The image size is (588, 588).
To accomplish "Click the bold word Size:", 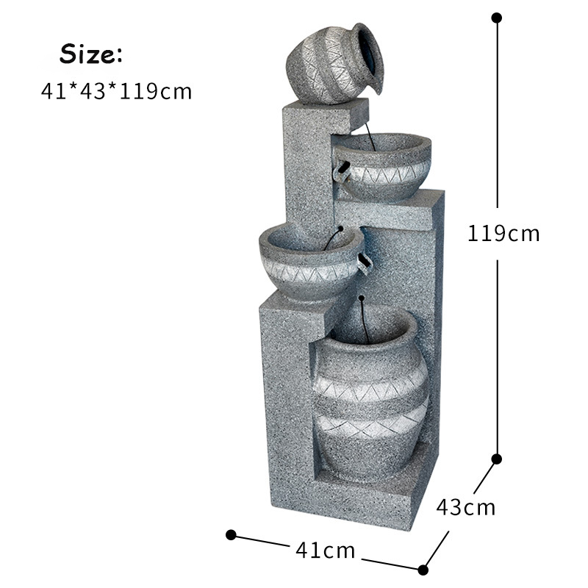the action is [91, 54].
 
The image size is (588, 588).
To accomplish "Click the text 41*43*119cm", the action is [116, 91].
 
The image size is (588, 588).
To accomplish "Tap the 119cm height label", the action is [503, 233].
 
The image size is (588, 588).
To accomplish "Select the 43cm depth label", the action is [466, 507].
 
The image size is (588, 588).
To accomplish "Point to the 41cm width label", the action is [325, 550].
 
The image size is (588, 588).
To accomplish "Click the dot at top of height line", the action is [497, 18].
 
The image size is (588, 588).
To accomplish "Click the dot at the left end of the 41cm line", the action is [231, 535].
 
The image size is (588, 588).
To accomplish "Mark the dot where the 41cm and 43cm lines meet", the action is [423, 570].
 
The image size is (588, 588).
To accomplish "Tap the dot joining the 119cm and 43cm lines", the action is [497, 459].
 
